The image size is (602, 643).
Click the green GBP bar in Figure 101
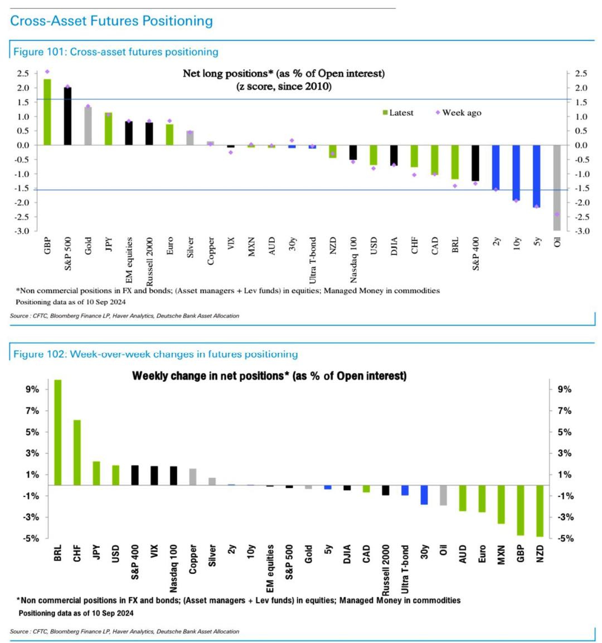click(47, 112)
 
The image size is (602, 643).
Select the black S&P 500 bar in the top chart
click(67, 116)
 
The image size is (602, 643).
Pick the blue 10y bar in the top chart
click(516, 173)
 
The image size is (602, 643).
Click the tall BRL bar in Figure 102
click(58, 432)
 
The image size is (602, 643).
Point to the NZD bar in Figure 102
click(540, 511)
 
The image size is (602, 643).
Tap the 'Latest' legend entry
click(397, 112)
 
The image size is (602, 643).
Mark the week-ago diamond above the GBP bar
click(47, 72)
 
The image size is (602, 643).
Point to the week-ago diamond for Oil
click(557, 214)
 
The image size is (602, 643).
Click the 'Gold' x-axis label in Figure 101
click(88, 246)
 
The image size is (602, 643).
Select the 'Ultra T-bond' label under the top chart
click(313, 259)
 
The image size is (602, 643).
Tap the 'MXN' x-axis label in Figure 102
click(501, 554)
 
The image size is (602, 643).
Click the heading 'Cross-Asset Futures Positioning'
click(111, 21)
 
